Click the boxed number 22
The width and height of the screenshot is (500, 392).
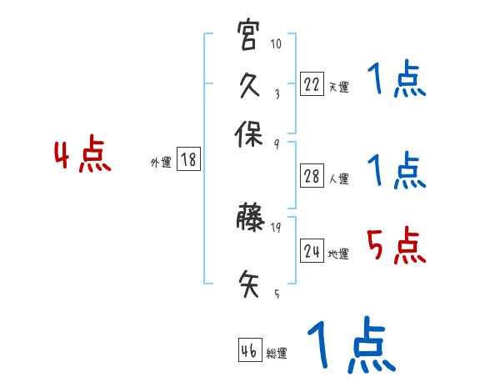coord(312,83)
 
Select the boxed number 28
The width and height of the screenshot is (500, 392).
coord(312,176)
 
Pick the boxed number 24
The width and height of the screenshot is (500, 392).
coord(312,250)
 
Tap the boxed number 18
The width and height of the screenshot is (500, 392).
coord(188,159)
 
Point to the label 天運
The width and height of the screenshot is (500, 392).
coord(338,87)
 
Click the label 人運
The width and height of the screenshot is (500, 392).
coord(338,178)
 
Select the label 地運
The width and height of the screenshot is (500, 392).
coord(338,254)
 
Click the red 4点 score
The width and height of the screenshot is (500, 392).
coord(82,157)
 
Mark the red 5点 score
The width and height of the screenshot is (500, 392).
coord(397,247)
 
